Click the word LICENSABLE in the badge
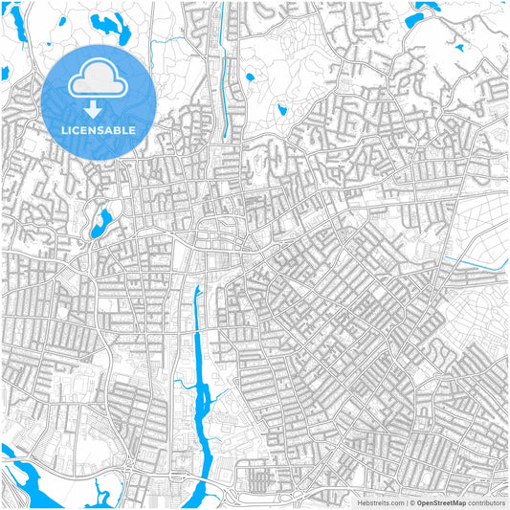[x=97, y=129]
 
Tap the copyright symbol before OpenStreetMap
[x=411, y=502]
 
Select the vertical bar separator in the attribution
[x=405, y=502]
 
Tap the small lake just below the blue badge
[x=100, y=223]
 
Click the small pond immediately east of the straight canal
[x=250, y=78]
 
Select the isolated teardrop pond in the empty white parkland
[x=282, y=111]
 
